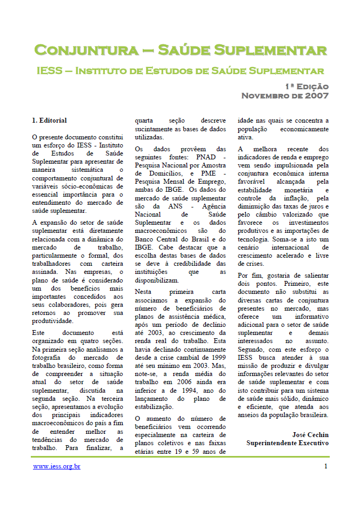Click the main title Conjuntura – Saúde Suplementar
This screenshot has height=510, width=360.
(x=181, y=51)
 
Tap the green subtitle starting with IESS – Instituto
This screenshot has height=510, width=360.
(x=181, y=71)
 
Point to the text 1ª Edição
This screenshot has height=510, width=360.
(x=307, y=86)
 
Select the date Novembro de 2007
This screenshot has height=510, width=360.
(x=285, y=96)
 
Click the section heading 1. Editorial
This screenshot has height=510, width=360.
(x=49, y=120)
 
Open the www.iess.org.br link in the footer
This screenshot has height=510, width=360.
(x=57, y=466)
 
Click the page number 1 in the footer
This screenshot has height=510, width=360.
(x=326, y=466)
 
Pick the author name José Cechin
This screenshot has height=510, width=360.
(x=310, y=434)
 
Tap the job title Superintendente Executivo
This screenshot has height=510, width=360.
(x=288, y=443)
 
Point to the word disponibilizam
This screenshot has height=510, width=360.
(x=156, y=280)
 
